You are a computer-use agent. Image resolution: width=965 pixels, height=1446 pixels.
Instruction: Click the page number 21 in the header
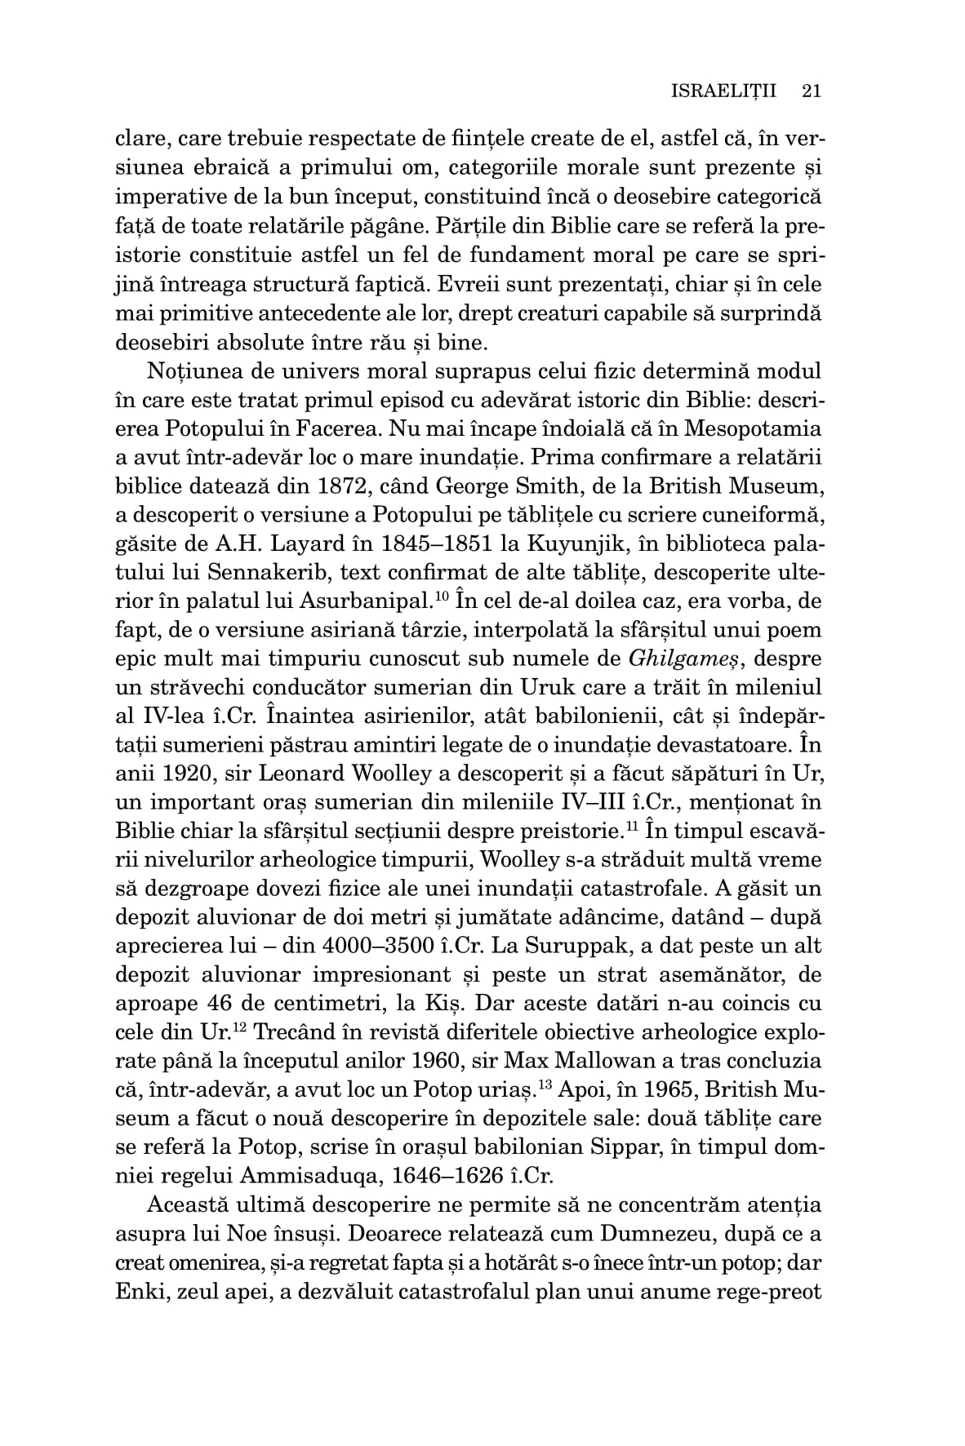click(x=811, y=91)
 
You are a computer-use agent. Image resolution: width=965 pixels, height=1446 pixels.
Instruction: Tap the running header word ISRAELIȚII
click(x=722, y=91)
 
